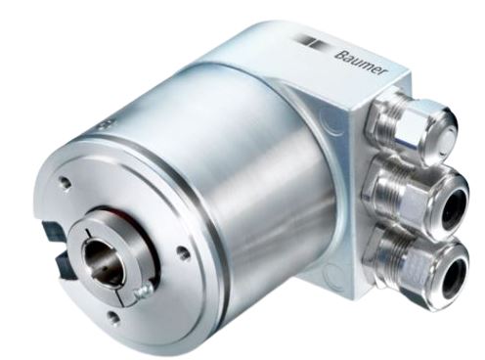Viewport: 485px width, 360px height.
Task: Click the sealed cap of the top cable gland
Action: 448,143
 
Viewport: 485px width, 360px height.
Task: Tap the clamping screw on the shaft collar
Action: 143,291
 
